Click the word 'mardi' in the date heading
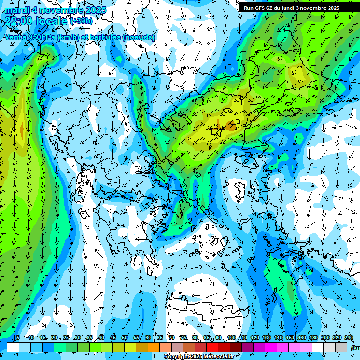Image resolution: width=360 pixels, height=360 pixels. click(x=15, y=10)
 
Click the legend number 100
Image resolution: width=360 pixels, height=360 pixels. click(x=231, y=337)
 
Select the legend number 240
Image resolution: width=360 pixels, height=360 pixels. click(x=348, y=337)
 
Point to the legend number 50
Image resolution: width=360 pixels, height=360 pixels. click(x=125, y=337)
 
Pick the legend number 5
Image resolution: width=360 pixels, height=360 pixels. click(x=18, y=337)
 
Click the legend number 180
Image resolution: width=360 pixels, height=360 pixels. click(x=313, y=337)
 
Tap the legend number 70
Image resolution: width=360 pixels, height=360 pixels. click(x=172, y=337)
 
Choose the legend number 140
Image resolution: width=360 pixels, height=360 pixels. click(x=278, y=337)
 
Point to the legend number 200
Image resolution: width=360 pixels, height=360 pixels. click(x=325, y=337)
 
